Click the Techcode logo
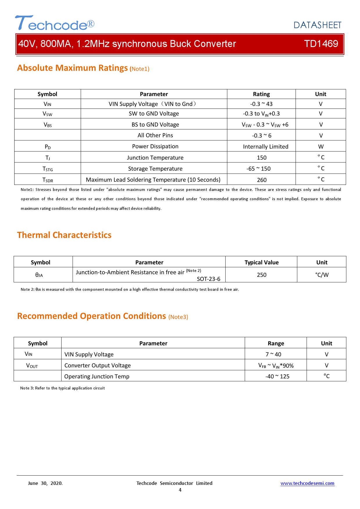point(55,23)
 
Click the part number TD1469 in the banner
point(321,44)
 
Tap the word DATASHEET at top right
point(317,25)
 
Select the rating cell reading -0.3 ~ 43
point(261,104)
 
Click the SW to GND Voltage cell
point(154,114)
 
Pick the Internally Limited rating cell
point(265,147)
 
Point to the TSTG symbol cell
point(48,169)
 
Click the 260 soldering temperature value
point(262,180)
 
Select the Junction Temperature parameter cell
point(155,158)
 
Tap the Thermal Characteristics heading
point(64,235)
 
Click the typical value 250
point(261,275)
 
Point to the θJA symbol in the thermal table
point(39,275)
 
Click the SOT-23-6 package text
point(208,279)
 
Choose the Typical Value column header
point(261,262)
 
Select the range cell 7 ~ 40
point(273,354)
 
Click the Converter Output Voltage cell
point(98,365)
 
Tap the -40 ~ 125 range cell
point(277,376)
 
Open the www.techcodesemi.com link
point(307,483)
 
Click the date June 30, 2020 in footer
point(45,483)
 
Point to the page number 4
point(180,490)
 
